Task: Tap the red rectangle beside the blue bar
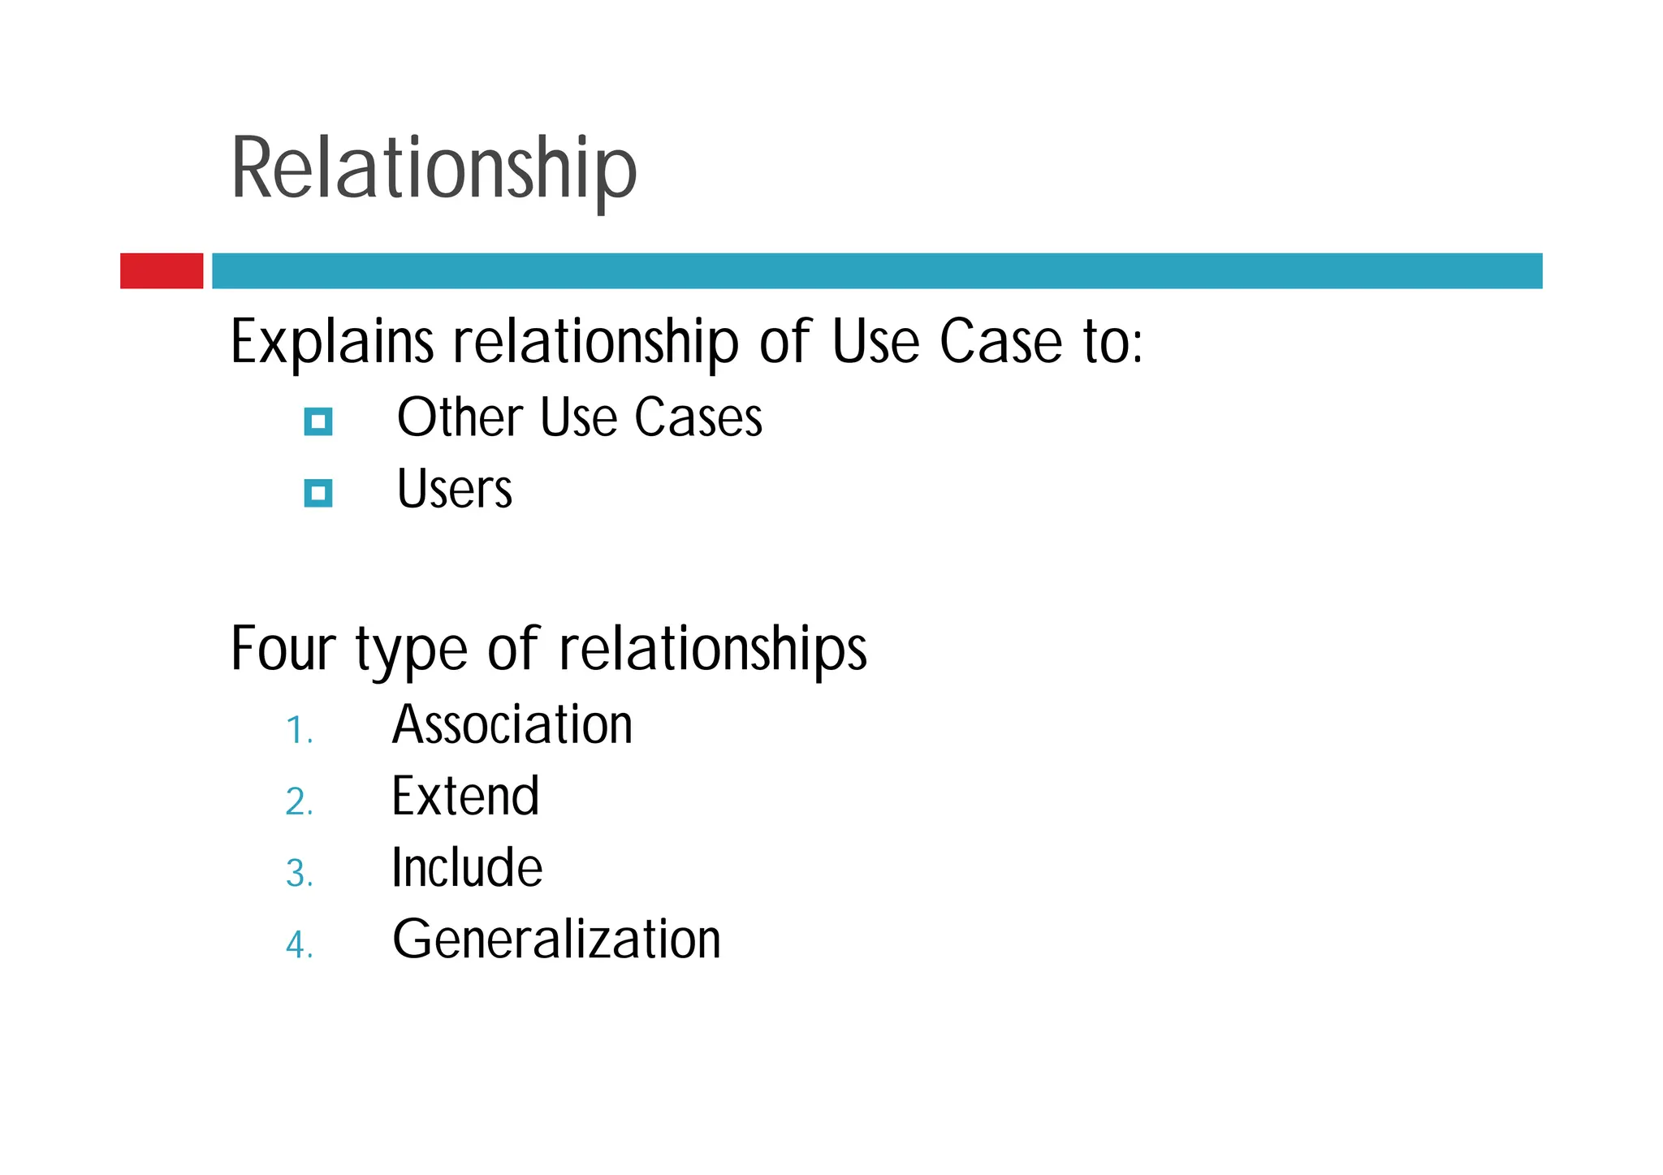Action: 162,270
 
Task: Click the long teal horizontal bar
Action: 877,270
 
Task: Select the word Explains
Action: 332,342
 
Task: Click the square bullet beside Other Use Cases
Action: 318,421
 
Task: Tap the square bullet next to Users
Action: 318,493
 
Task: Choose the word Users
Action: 455,490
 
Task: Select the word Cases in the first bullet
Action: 698,418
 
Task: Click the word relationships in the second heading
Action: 713,649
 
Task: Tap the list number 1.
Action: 299,731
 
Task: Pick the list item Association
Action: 512,724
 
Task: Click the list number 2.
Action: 299,802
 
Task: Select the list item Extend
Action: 465,796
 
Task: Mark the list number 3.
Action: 299,875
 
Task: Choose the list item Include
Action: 467,867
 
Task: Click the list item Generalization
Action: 556,940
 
